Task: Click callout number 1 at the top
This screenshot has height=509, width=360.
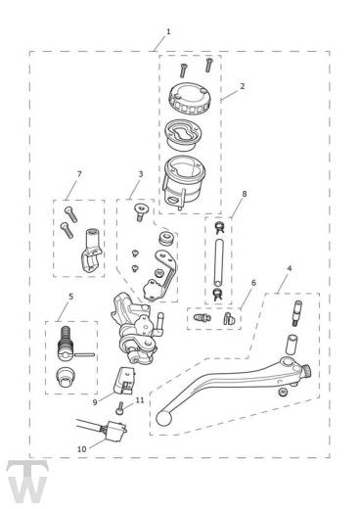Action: point(168,31)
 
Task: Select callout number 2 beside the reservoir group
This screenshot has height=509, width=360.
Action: point(242,86)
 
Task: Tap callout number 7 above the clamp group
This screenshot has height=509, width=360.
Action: point(79,174)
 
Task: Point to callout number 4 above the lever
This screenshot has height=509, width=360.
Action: point(289,268)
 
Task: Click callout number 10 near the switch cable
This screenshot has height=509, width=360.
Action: point(82,449)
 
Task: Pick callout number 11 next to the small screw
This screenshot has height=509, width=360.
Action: point(140,400)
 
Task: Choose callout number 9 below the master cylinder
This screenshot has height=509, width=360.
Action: point(95,402)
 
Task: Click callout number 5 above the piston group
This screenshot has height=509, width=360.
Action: point(71,297)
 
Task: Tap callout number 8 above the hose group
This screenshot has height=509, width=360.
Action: point(245,194)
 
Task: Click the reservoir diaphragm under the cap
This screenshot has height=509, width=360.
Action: point(183,134)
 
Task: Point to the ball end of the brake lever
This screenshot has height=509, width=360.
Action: point(162,419)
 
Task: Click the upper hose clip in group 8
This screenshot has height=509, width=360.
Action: point(219,227)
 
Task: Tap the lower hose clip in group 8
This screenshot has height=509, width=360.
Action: point(217,295)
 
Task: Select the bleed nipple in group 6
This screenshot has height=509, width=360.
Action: point(202,317)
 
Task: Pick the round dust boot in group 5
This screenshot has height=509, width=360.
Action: point(65,377)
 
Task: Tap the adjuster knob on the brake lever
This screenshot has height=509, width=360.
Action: point(307,371)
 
